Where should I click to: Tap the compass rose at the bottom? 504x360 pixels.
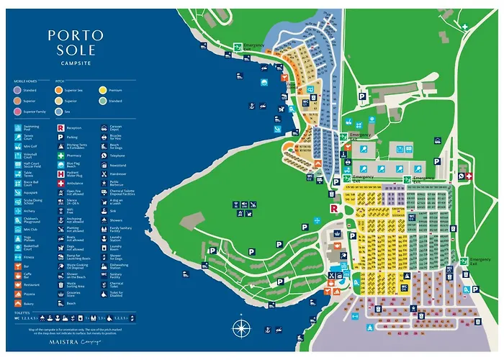pos(240,326)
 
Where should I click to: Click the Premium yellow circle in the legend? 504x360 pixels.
pos(102,91)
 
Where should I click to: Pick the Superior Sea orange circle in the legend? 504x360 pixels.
pos(60,91)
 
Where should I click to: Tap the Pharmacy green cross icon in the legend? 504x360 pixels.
pos(60,155)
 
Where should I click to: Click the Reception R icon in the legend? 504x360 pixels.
pos(60,127)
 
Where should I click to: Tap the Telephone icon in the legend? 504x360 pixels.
pos(104,155)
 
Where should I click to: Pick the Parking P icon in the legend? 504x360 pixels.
pos(60,136)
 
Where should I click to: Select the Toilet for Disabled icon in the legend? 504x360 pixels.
pos(104,294)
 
